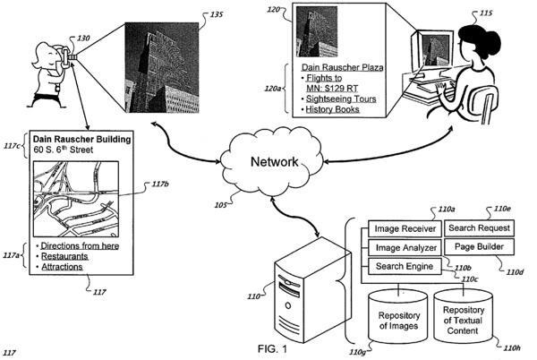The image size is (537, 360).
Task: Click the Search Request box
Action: [479, 228]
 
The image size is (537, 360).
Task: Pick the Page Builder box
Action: [479, 246]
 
